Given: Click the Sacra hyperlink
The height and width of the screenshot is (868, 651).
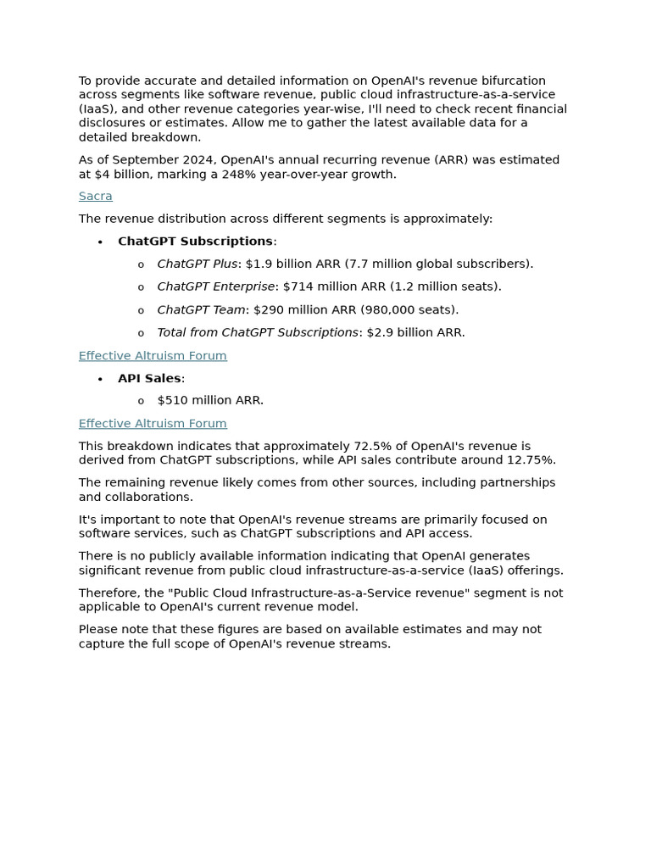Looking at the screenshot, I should coord(95,196).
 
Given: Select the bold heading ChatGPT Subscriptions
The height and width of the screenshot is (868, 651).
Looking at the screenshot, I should coord(195,242).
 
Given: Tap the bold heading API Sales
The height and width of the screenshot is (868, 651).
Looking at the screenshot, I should coord(149,378).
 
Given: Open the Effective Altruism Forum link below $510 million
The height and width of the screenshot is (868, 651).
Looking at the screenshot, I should coord(153,423).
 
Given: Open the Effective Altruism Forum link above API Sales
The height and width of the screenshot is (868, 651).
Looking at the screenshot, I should coord(153,355).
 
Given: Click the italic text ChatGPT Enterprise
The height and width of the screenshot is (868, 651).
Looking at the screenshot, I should coord(215,287).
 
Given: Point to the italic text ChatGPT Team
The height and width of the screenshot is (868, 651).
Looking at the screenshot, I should coord(201,309).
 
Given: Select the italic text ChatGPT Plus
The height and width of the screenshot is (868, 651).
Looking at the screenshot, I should coord(197,264).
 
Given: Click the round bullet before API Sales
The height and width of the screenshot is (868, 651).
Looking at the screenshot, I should coord(100,379).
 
